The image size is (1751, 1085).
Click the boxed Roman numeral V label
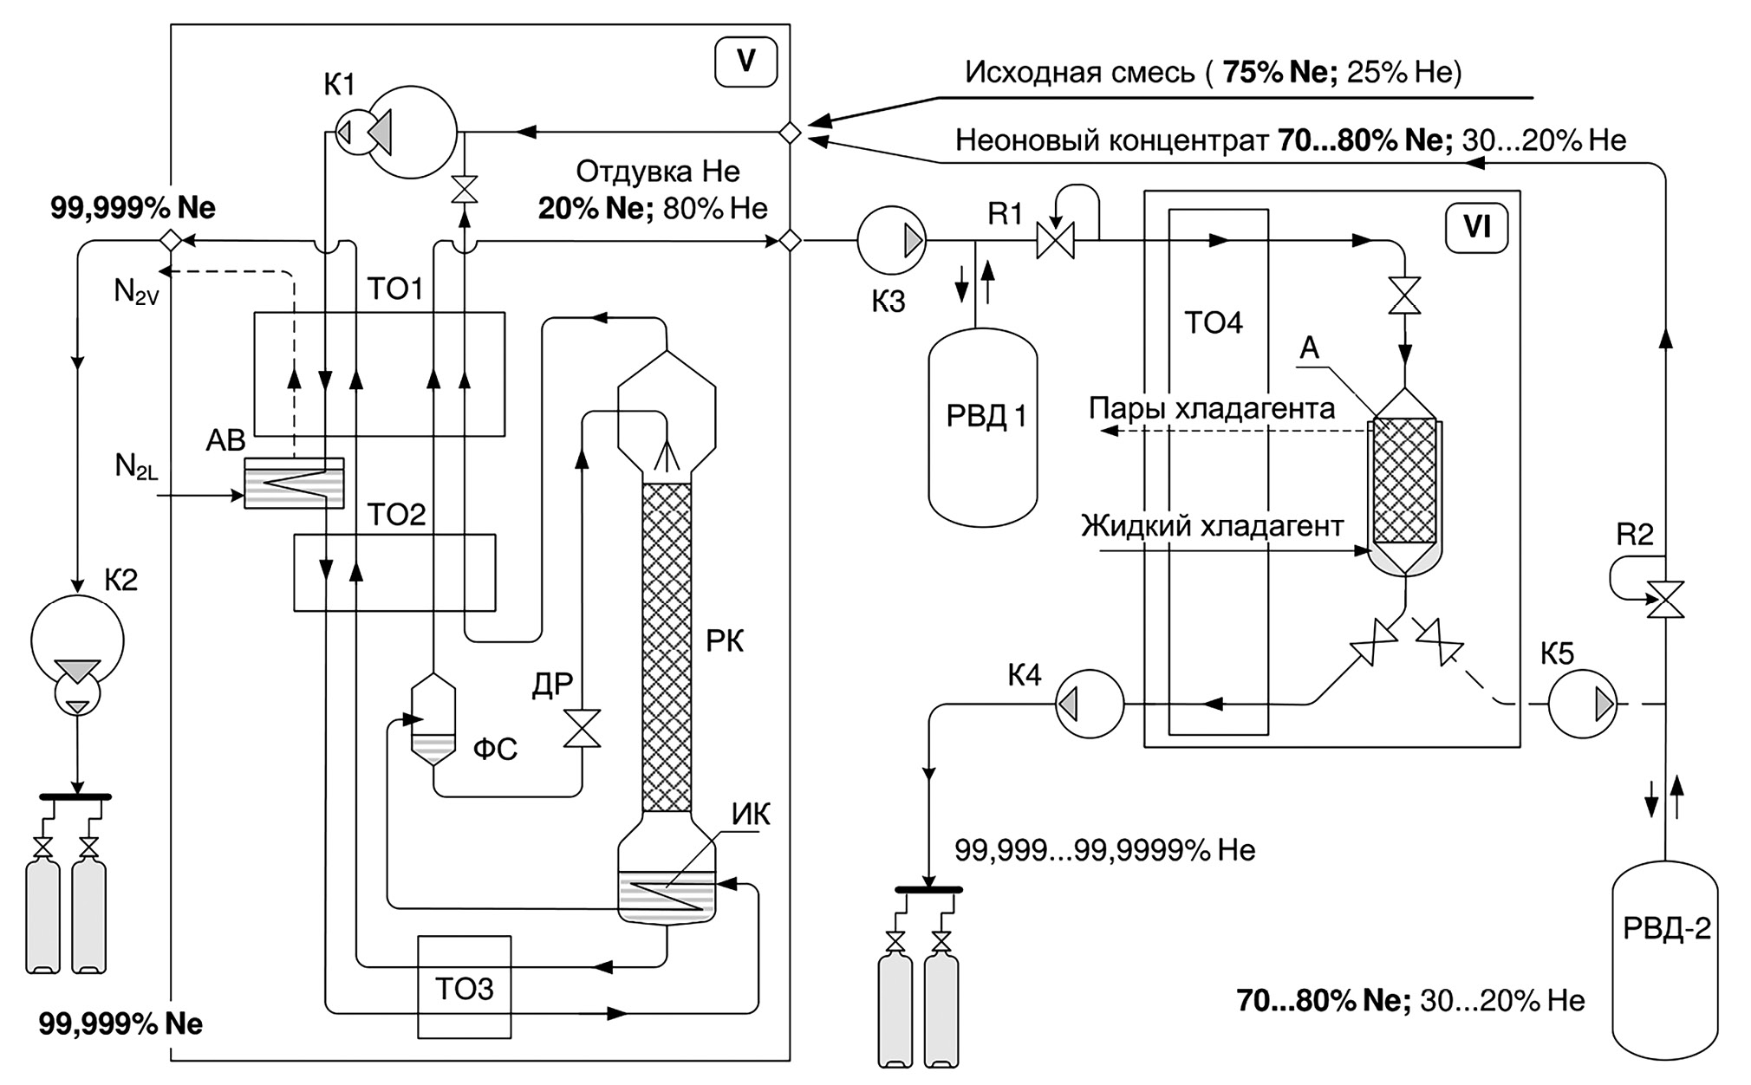point(745,62)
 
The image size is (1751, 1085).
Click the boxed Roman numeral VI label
point(1477,228)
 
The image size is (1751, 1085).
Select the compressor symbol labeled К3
point(891,241)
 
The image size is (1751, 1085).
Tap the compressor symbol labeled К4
point(1090,704)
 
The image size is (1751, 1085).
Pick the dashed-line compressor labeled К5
point(1583,705)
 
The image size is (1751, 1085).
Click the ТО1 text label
point(395,289)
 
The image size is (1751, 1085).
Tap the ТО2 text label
point(397,515)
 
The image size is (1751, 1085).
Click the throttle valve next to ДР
point(582,728)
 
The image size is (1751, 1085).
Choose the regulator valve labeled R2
point(1665,599)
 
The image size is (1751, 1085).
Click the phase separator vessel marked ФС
point(432,719)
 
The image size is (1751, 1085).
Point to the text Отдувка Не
point(658,172)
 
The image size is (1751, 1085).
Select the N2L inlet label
point(137,468)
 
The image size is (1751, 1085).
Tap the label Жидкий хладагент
point(1212,526)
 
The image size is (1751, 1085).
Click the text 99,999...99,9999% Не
point(1104,850)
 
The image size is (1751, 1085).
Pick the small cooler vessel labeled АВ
point(294,483)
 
